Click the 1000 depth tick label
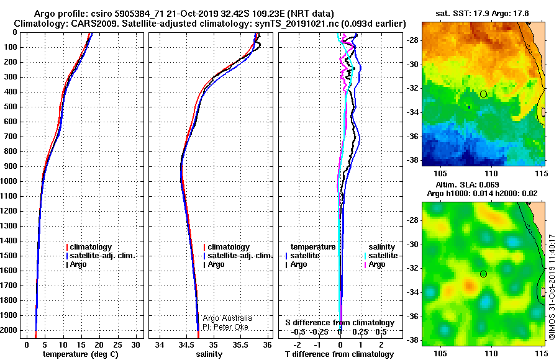(9, 181)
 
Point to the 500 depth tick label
(11, 107)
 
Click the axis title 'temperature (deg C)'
(81, 354)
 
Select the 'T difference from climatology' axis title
(339, 354)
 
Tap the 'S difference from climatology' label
(340, 323)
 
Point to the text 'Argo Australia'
(227, 318)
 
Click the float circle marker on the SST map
(483, 94)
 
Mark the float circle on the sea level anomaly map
(483, 274)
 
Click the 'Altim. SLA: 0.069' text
(467, 184)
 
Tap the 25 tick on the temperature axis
(117, 345)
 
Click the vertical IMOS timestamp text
(552, 287)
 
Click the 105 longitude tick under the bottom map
(440, 353)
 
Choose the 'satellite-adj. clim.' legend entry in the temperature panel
(101, 256)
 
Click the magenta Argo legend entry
(375, 264)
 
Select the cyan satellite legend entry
(381, 256)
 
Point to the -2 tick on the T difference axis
(298, 345)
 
